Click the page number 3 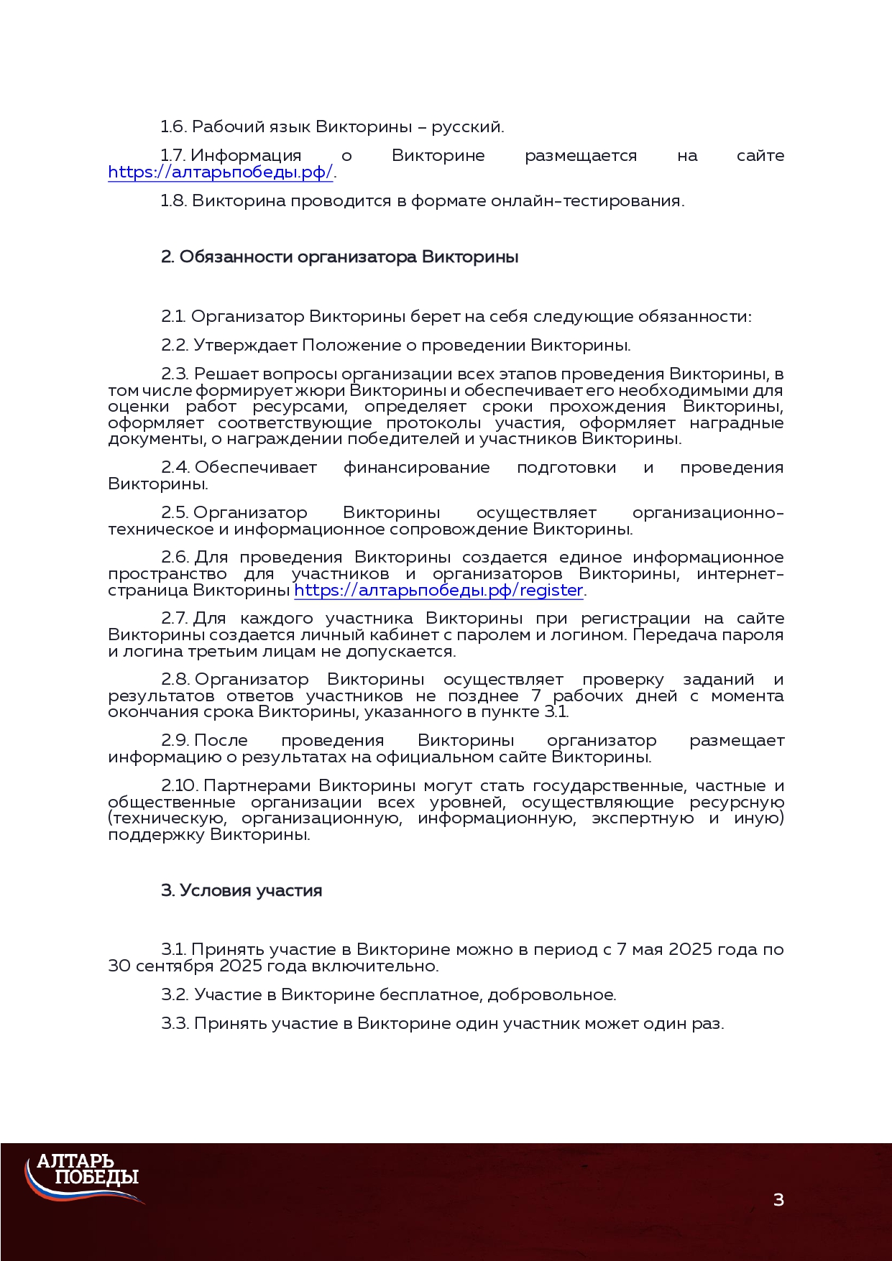(x=778, y=1199)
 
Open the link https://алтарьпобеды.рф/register (x=438, y=591)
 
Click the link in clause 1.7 (x=220, y=172)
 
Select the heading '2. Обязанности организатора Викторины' (x=339, y=257)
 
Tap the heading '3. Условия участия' (x=242, y=891)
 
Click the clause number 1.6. (x=173, y=127)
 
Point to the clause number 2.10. (x=180, y=786)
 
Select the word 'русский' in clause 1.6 (x=466, y=127)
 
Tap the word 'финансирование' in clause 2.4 (x=416, y=468)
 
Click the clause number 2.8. (x=175, y=680)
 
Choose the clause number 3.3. (x=175, y=1024)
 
